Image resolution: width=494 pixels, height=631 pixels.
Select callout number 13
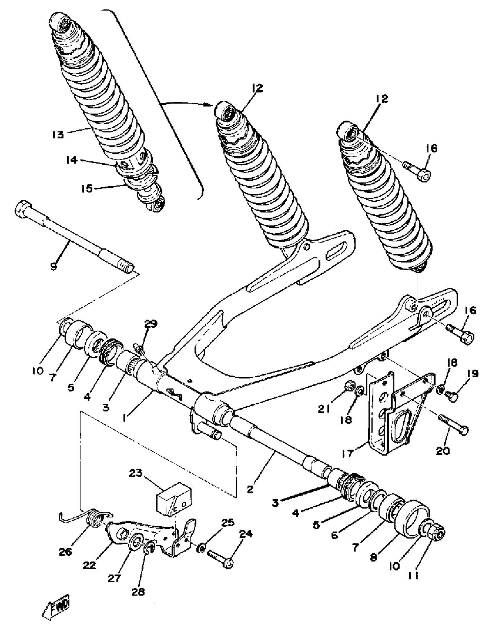(x=58, y=135)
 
